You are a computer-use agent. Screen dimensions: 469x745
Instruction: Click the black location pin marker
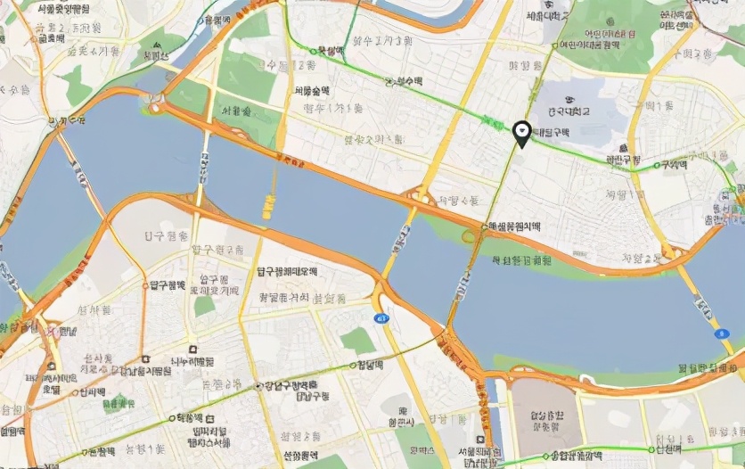coord(522,134)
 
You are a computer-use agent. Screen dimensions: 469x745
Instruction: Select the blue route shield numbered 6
coord(719,333)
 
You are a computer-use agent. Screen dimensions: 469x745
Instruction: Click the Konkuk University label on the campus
coord(570,111)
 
